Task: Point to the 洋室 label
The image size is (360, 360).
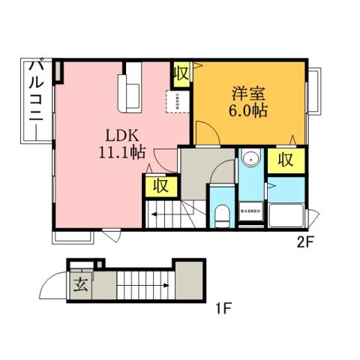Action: (x=247, y=95)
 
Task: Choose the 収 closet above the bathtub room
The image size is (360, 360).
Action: (x=286, y=159)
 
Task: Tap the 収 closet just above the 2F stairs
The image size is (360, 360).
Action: (x=160, y=185)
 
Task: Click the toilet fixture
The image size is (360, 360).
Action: (x=222, y=217)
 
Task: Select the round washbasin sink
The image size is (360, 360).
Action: (x=250, y=159)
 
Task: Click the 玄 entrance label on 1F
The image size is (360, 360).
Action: (x=80, y=285)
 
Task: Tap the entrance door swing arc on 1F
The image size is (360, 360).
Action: (x=50, y=286)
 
